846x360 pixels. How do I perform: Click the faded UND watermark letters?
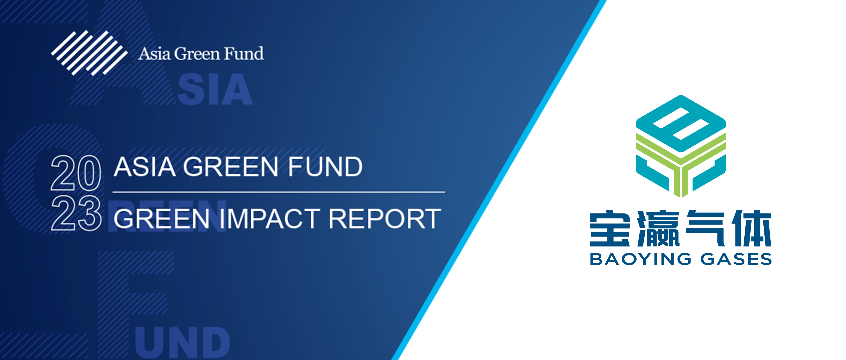(x=182, y=343)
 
